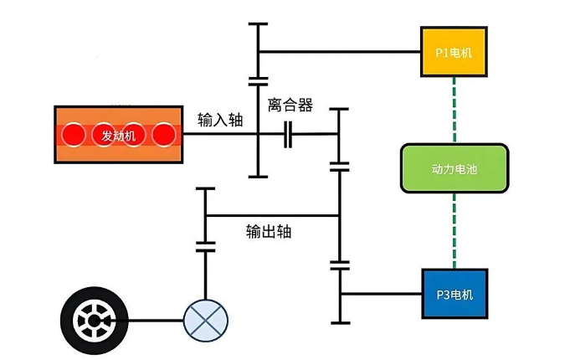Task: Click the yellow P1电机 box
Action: (x=454, y=52)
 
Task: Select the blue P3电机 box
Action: (x=454, y=293)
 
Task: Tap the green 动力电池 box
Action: (x=454, y=168)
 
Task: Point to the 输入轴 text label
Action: (x=220, y=119)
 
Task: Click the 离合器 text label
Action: (x=290, y=105)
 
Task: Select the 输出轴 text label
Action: (x=269, y=231)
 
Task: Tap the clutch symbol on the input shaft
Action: (x=289, y=134)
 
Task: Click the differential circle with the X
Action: (x=205, y=320)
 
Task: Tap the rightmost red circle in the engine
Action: (x=163, y=135)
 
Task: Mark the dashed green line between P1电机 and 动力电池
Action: (x=454, y=109)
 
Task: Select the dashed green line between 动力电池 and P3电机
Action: (x=454, y=231)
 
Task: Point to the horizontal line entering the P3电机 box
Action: (x=381, y=293)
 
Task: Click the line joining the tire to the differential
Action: (x=151, y=320)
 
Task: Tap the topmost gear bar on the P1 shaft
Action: (x=259, y=24)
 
